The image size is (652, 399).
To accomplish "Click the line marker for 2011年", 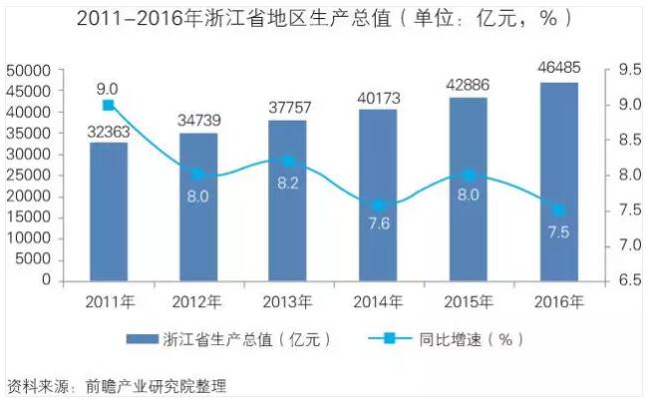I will [108, 105].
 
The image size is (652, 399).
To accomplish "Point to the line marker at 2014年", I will [379, 205].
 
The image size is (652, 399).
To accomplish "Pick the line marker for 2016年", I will [559, 210].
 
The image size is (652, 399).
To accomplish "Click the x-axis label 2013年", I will [288, 301].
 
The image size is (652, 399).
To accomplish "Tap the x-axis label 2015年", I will [469, 301].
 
